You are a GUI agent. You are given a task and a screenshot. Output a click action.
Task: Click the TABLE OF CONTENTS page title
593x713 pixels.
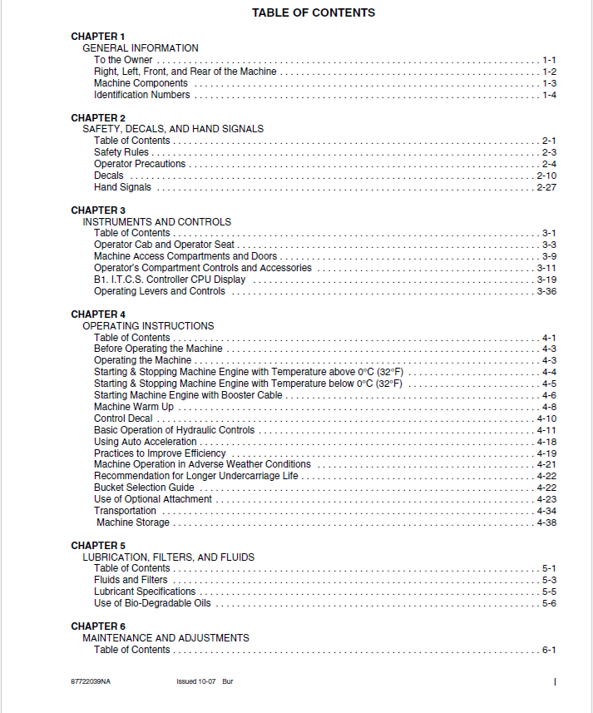pos(314,13)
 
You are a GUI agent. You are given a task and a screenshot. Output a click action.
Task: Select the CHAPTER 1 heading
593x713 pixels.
pos(98,37)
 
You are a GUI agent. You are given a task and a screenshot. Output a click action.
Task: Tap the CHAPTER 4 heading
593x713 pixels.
pos(98,314)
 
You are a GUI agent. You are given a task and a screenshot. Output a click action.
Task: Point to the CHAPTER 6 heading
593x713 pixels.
pos(98,626)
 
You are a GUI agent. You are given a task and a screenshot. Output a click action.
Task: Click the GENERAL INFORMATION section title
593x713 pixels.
pos(141,48)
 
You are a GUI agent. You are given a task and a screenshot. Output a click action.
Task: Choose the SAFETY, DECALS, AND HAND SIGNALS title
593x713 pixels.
pos(173,129)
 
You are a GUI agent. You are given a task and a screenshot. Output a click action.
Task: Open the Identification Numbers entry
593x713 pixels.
pos(141,95)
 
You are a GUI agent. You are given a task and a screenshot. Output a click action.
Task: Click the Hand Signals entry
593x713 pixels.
pos(123,187)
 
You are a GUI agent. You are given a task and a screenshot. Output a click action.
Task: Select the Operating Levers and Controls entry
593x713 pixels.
pos(160,291)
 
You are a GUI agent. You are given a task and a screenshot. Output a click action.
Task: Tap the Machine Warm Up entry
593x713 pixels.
pos(134,407)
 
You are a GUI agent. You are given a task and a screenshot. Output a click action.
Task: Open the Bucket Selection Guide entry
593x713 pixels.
pos(144,488)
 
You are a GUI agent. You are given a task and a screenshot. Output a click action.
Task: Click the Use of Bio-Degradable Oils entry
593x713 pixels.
pos(152,603)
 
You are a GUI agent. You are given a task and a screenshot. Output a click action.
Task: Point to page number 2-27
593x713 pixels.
pos(546,187)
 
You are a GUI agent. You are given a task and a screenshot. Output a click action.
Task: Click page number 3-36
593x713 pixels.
pos(546,291)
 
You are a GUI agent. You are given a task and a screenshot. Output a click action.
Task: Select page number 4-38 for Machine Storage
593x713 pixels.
pos(546,522)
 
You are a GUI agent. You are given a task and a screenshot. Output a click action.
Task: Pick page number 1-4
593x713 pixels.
pos(549,95)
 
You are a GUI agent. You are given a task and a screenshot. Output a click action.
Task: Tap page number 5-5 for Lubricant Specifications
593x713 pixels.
pos(549,592)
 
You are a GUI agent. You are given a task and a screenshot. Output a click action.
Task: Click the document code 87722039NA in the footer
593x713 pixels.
pos(91,681)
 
